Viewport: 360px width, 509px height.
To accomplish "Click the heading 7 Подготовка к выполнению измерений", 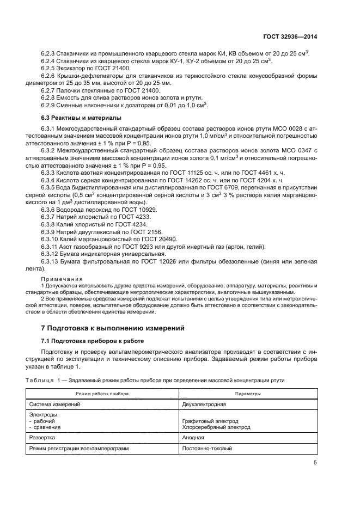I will coord(114,328).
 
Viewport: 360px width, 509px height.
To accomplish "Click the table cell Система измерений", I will coord(54,404).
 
